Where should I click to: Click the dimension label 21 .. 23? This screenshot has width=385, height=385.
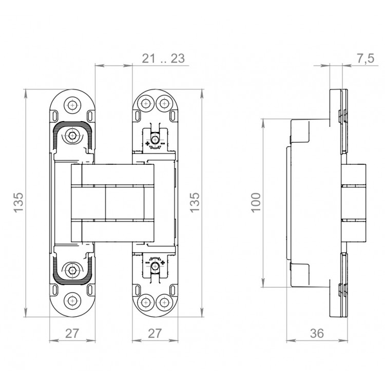163,59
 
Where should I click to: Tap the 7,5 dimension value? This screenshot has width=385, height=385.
365,59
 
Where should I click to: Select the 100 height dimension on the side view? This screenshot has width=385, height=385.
256,203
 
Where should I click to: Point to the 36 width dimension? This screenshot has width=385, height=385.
317,333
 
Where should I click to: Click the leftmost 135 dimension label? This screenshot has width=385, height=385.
18,203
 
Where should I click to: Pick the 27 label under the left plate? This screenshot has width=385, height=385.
72,333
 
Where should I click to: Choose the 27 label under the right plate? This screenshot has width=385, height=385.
155,333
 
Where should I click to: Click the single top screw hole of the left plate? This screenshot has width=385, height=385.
72,105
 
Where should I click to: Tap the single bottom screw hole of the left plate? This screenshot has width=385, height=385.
72,301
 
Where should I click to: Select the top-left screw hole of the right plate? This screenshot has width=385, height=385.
146,103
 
